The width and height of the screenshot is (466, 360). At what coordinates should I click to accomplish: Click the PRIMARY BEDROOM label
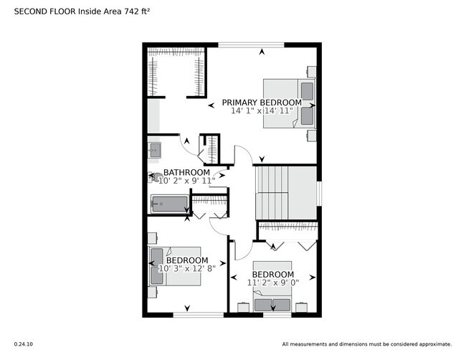pyautogui.click(x=261, y=103)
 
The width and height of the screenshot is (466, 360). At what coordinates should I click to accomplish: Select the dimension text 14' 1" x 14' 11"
pyautogui.click(x=261, y=111)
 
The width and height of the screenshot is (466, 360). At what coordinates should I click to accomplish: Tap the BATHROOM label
pyautogui.click(x=186, y=173)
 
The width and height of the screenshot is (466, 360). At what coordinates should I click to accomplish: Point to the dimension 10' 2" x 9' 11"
pyautogui.click(x=186, y=181)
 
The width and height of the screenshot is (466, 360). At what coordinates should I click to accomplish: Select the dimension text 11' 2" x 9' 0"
pyautogui.click(x=272, y=283)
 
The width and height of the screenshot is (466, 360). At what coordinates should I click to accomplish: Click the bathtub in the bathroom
pyautogui.click(x=170, y=204)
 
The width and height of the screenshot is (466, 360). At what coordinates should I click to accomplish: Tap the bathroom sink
pyautogui.click(x=154, y=150)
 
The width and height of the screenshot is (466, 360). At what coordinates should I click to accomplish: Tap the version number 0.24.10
pyautogui.click(x=24, y=344)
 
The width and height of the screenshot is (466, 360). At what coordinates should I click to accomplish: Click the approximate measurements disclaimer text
pyautogui.click(x=366, y=344)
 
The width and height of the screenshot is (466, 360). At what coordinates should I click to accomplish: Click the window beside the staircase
pyautogui.click(x=319, y=192)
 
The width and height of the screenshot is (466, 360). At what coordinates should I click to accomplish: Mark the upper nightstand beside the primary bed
pyautogui.click(x=311, y=72)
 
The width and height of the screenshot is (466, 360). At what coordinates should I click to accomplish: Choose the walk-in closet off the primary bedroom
pyautogui.click(x=176, y=72)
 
